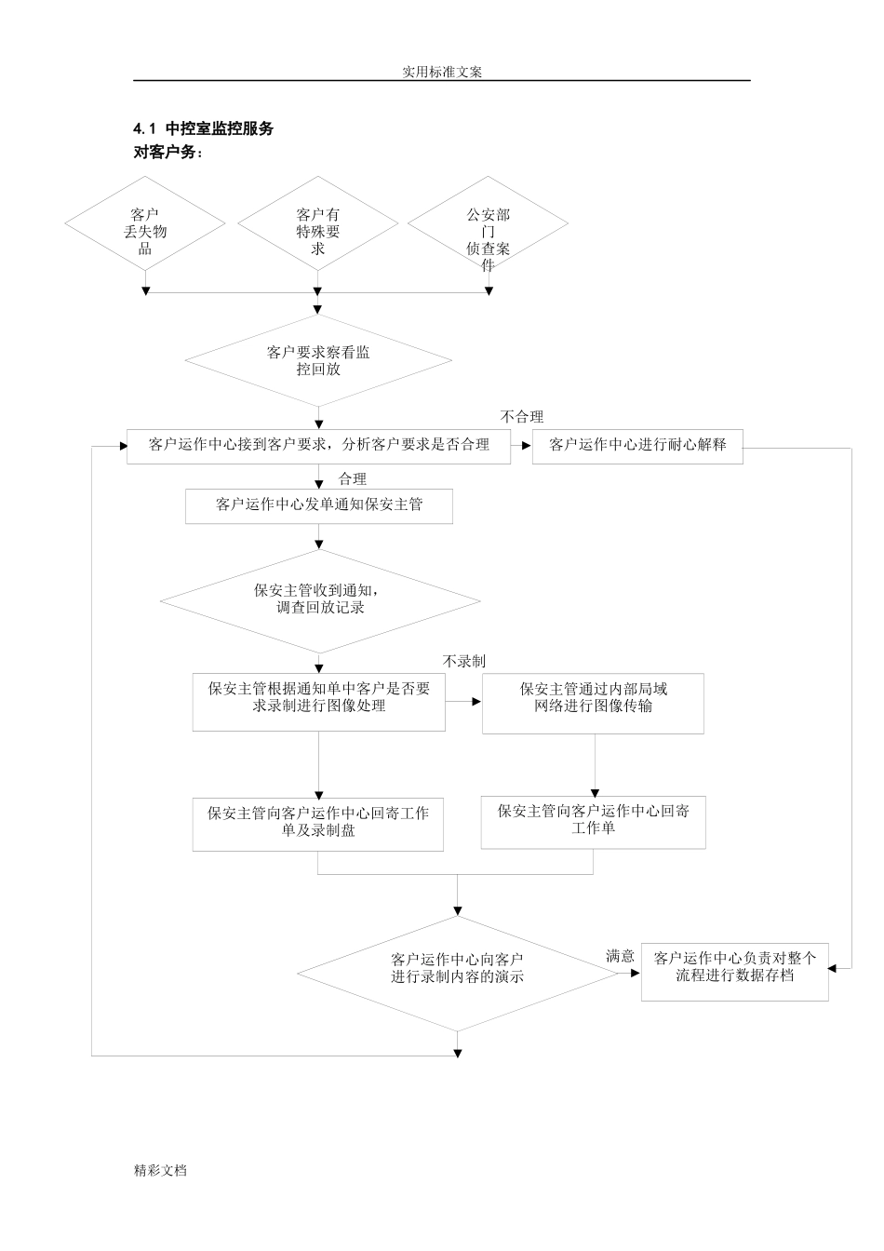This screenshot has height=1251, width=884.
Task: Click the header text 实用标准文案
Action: coord(442,72)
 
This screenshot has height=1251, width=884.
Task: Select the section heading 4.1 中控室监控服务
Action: coord(204,129)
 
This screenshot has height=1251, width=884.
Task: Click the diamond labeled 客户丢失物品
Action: coord(145,230)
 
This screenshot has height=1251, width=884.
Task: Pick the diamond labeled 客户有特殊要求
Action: coord(318,230)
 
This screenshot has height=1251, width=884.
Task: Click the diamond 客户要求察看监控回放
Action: coord(318,360)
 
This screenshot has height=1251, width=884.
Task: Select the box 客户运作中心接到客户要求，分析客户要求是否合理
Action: coord(318,445)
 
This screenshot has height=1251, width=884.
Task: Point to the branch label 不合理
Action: coord(522,417)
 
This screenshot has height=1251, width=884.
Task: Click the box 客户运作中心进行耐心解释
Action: coord(637,445)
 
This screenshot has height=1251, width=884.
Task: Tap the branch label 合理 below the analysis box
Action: coord(353,478)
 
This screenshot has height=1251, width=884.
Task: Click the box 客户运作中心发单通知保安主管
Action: coord(318,505)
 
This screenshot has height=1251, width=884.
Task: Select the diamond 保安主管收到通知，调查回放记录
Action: coord(318,599)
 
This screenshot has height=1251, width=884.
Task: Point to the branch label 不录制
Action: coord(464,661)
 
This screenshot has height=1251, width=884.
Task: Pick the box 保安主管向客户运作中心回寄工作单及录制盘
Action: coord(318,823)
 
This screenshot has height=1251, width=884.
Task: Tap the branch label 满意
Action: coord(620,956)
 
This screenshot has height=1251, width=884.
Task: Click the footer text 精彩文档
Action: coord(160,1171)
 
